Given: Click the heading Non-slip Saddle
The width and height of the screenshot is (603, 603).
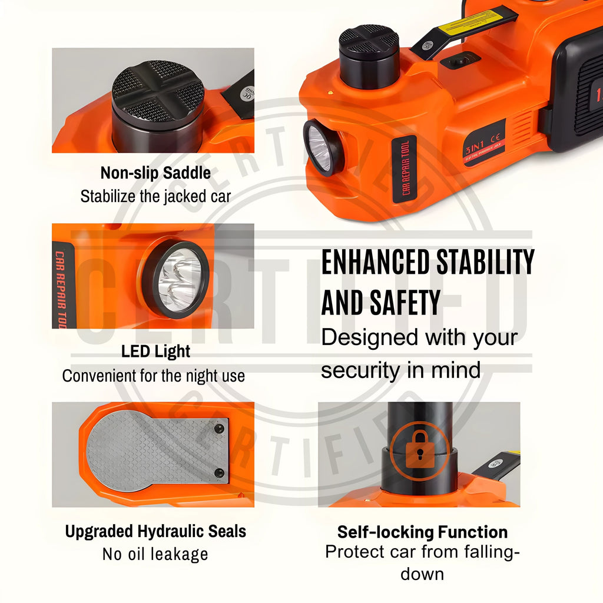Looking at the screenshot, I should pos(155,173).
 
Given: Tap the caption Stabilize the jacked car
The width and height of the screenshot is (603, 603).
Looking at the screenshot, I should pos(155,196).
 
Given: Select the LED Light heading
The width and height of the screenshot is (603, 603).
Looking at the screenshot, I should pos(155,352).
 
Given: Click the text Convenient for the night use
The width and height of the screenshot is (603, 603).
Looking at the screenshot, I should pos(153,376).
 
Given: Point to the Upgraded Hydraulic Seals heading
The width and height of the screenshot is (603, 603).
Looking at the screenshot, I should pos(155,531).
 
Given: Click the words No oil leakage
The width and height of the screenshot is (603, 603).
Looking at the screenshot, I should pos(155,554).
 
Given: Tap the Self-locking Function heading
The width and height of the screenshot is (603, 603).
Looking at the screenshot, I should pos(422,532).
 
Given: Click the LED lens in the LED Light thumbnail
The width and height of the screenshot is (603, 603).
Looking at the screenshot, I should pos(177,280).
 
